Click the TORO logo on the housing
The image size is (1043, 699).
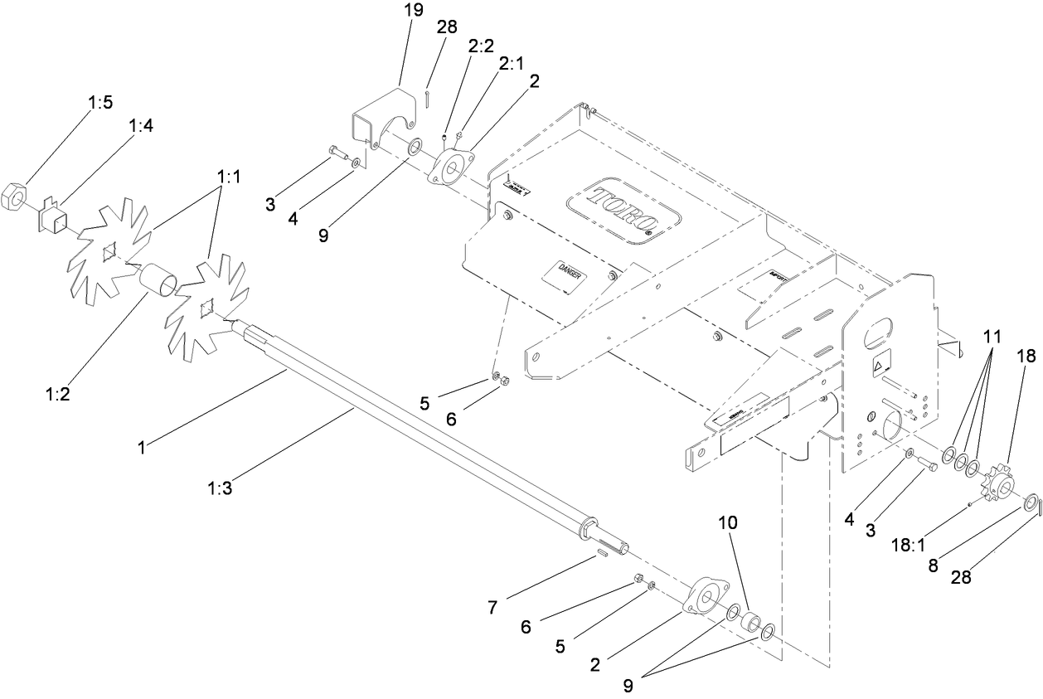coord(622,211)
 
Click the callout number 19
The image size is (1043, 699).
coord(412,11)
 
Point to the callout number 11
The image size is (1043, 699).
coord(992,337)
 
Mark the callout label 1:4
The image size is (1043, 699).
coord(140,125)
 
